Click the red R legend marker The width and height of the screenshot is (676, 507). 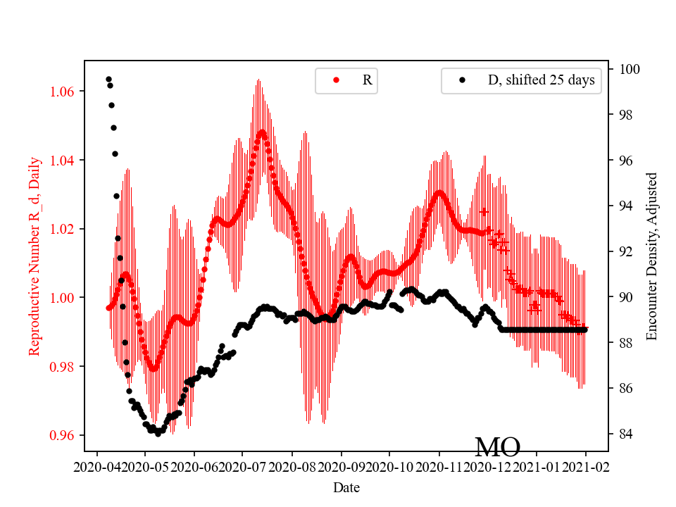336,80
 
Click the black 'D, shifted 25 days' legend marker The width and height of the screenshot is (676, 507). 462,80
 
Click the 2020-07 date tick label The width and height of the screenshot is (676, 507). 242,466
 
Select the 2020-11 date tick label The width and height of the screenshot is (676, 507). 439,466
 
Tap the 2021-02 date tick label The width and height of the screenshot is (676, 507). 586,466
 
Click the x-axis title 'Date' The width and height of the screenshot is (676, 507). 346,487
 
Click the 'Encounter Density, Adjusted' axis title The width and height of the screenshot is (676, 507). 651,256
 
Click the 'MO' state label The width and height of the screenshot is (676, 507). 497,447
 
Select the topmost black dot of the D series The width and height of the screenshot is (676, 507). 108,79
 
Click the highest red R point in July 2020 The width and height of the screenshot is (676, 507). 262,132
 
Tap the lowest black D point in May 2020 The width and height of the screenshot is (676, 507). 158,434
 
